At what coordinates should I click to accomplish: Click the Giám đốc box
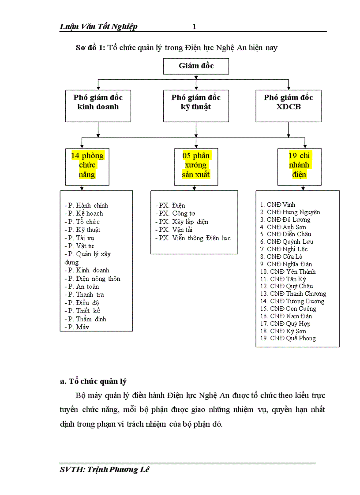[x=196, y=66]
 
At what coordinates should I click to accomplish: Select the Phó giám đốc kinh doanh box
[x=98, y=106]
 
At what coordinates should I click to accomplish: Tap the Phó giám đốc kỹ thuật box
[x=196, y=106]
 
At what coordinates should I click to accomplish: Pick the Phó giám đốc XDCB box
[x=289, y=106]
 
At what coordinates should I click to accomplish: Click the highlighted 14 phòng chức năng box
[x=87, y=166]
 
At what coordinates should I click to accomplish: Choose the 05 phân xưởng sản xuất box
[x=196, y=166]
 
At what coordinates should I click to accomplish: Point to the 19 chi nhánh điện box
[x=299, y=166]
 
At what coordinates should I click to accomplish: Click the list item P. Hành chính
[x=86, y=205]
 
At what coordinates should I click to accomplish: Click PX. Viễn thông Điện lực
[x=193, y=238]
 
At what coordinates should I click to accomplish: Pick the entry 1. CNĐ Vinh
[x=277, y=205]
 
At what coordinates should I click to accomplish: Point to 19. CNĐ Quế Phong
[x=288, y=338]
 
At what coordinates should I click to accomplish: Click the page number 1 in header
[x=194, y=27]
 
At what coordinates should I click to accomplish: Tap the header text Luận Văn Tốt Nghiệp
[x=98, y=27]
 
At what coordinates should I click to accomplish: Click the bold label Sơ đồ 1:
[x=90, y=48]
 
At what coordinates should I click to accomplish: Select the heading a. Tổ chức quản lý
[x=93, y=381]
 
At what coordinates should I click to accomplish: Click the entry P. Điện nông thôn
[x=92, y=279]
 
